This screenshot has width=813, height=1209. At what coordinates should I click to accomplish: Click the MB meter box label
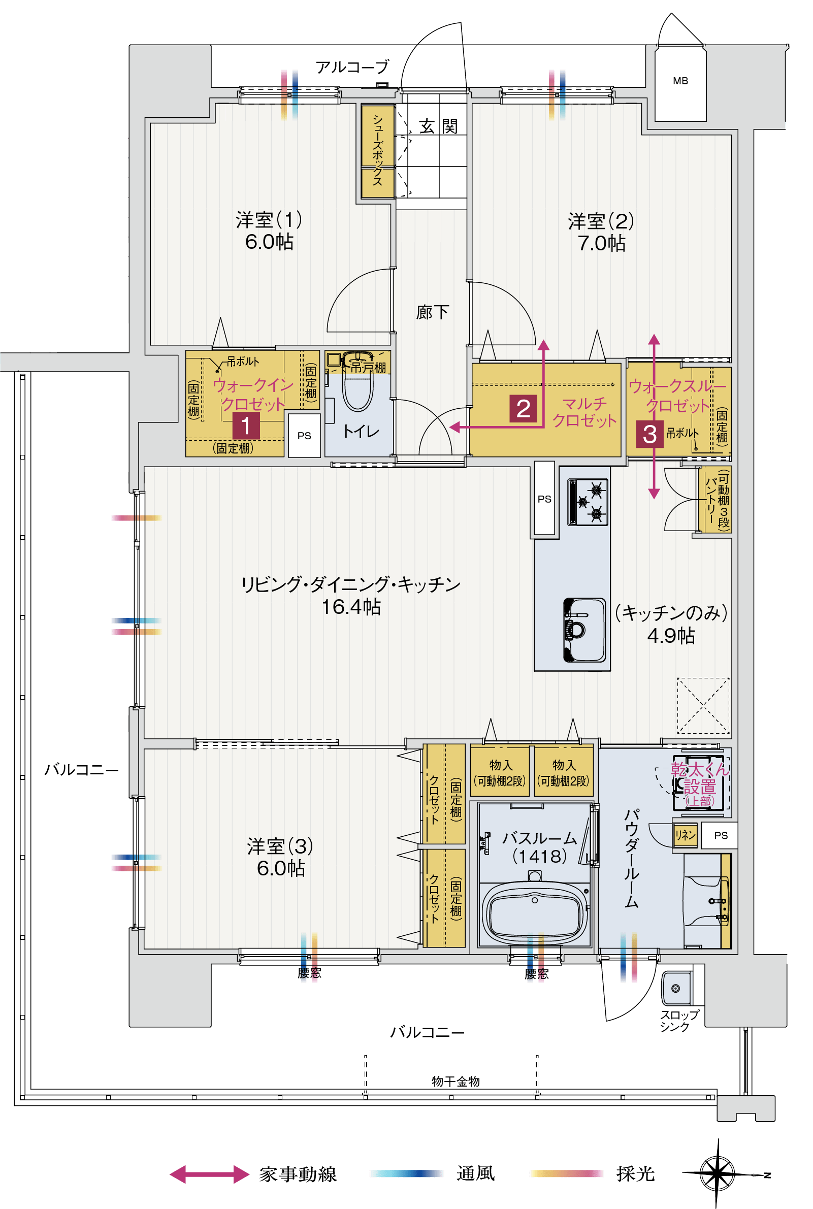point(680,81)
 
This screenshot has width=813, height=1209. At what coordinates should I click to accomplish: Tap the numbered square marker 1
point(246,426)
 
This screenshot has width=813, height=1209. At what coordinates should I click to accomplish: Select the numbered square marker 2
point(523,409)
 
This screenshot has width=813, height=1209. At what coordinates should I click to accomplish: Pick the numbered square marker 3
point(649,434)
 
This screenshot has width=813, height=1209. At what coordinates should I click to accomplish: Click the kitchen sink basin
point(585,630)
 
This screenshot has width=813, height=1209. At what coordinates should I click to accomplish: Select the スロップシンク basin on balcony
point(676,989)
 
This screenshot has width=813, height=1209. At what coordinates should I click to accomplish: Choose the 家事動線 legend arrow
point(210,1174)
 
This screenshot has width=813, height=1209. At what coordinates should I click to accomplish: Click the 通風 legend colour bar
point(406,1174)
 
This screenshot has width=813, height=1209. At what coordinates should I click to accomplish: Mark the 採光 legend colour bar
point(567,1174)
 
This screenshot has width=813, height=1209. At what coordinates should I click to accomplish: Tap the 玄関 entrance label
point(438,126)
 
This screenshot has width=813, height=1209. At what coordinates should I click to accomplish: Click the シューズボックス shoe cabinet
point(377,151)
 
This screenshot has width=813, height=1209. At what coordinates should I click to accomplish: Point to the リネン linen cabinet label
point(685,835)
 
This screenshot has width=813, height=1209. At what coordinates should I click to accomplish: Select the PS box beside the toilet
point(304,436)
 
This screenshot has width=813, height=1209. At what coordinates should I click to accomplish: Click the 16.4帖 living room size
point(351,607)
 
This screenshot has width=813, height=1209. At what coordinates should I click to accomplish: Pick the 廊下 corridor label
point(432,312)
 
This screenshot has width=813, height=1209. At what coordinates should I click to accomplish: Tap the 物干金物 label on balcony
point(455,1082)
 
